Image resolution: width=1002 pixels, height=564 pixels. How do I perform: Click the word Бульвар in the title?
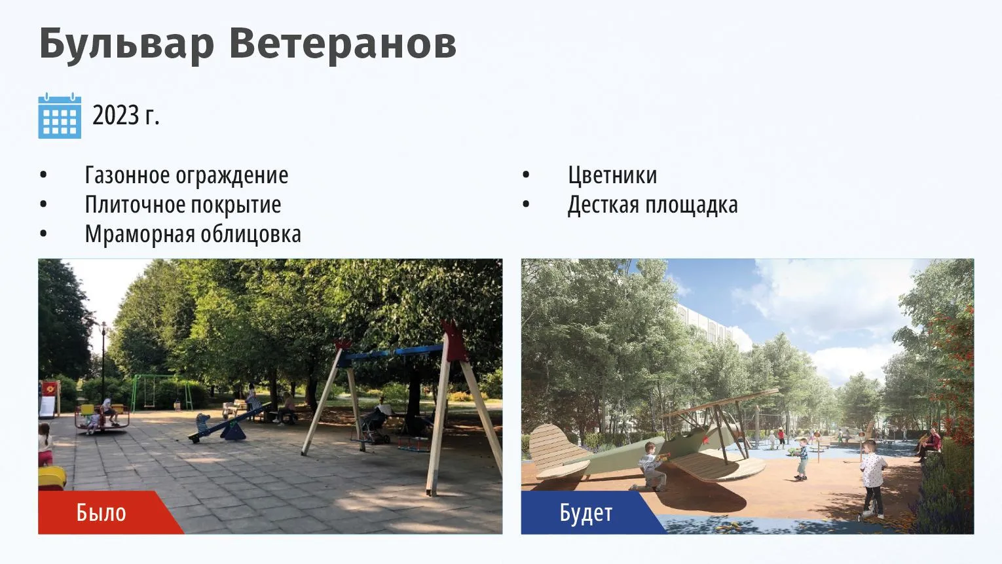tap(126, 44)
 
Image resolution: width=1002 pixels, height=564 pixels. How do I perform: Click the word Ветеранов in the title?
tap(343, 43)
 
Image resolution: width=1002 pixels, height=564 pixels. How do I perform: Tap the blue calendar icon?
tap(60, 116)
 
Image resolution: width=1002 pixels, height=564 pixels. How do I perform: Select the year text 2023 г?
tap(126, 115)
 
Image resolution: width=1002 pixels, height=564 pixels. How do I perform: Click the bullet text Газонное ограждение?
tap(187, 175)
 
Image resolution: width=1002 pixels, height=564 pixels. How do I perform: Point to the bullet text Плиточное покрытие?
tap(183, 205)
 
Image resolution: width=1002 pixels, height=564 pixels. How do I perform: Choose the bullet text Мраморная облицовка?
tap(193, 234)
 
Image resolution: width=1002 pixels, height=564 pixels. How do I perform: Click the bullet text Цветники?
tap(612, 175)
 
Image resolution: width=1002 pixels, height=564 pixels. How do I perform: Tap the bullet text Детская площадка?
tap(653, 205)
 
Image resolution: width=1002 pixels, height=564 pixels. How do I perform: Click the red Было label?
tap(101, 512)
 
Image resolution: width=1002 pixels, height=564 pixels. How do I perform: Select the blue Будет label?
tap(585, 512)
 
